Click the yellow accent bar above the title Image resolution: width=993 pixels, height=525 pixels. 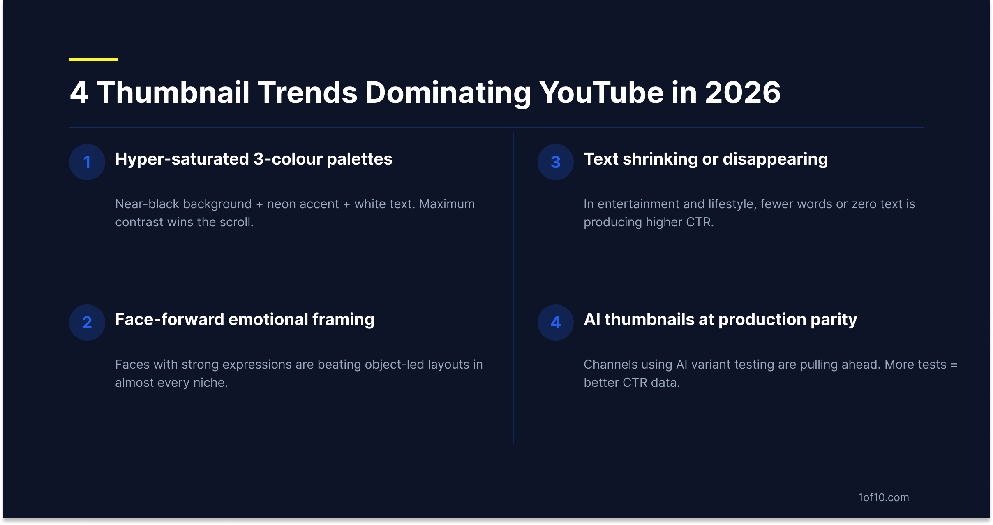pyautogui.click(x=94, y=59)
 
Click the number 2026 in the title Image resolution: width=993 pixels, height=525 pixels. pyautogui.click(x=742, y=92)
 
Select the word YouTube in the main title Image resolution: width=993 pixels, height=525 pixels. pyautogui.click(x=601, y=92)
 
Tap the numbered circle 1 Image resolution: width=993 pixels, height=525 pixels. pyautogui.click(x=87, y=162)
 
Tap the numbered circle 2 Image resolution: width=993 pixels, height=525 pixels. pyautogui.click(x=87, y=323)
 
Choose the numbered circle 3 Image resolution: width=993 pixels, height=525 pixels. pyautogui.click(x=556, y=162)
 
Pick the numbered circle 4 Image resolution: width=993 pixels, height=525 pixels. pyautogui.click(x=556, y=323)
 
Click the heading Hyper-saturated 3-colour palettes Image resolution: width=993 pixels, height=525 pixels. pyautogui.click(x=254, y=159)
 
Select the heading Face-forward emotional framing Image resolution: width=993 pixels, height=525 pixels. pyautogui.click(x=245, y=320)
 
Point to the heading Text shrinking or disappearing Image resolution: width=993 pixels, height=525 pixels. pyautogui.click(x=706, y=159)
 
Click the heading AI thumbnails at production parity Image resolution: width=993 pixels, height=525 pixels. pyautogui.click(x=721, y=320)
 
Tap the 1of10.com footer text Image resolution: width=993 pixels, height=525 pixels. pyautogui.click(x=884, y=497)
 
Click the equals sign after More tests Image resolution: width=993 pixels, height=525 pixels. pyautogui.click(x=954, y=365)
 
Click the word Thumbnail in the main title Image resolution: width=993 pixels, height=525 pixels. pyautogui.click(x=173, y=92)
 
